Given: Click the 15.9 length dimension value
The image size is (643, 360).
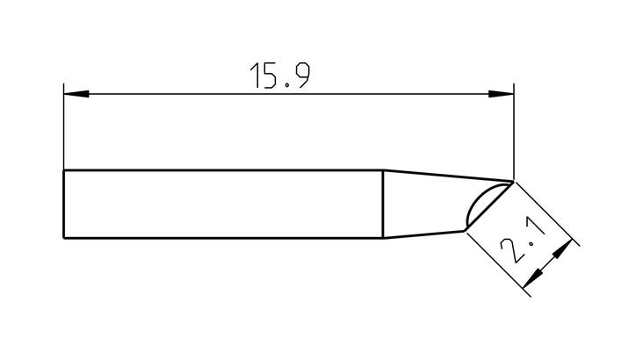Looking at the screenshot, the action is click(280, 76).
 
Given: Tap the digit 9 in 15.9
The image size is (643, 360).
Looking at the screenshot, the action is click(301, 76).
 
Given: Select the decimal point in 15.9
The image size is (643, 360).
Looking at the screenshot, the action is click(286, 84).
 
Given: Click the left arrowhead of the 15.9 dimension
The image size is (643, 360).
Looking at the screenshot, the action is click(76, 94).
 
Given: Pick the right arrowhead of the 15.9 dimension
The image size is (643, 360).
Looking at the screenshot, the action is click(501, 94).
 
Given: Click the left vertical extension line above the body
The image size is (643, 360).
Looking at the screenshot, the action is click(64, 126).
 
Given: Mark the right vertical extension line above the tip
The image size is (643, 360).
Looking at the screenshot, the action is click(514, 131).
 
